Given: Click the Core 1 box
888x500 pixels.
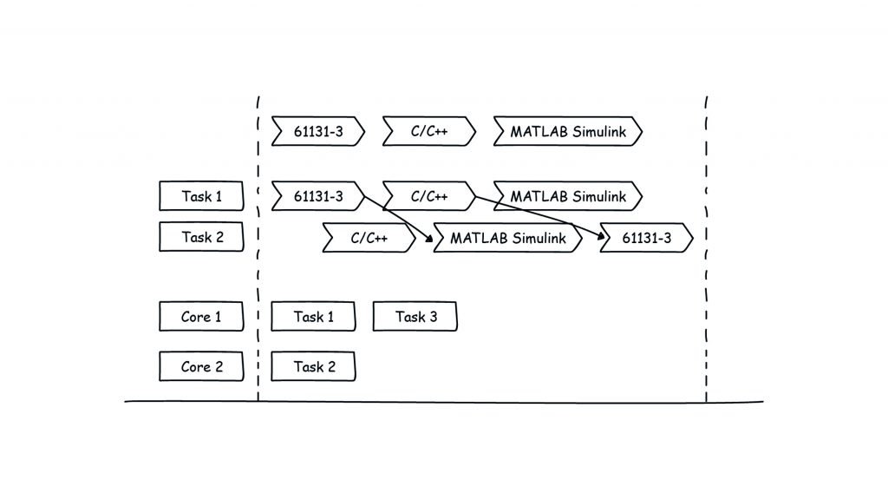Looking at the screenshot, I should pyautogui.click(x=201, y=317).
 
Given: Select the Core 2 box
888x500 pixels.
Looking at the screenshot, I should pyautogui.click(x=201, y=366).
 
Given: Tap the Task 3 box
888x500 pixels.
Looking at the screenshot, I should pyautogui.click(x=415, y=317).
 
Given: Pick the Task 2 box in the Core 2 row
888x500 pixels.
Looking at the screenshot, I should pyautogui.click(x=313, y=366).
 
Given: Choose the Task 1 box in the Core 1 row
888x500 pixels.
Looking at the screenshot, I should pyautogui.click(x=313, y=317).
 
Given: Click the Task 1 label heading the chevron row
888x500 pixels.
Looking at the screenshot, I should pyautogui.click(x=201, y=196).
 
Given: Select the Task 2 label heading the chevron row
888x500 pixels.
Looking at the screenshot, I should pyautogui.click(x=201, y=237).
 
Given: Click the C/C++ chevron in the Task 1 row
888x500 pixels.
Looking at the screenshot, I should pyautogui.click(x=428, y=196).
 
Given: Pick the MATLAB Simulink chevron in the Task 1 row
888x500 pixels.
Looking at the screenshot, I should pyautogui.click(x=568, y=196).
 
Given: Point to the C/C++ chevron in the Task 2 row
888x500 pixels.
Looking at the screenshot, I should pyautogui.click(x=369, y=237).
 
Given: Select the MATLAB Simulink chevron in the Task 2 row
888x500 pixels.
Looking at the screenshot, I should pyautogui.click(x=507, y=237).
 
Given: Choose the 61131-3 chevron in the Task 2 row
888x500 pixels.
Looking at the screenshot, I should pyautogui.click(x=647, y=237).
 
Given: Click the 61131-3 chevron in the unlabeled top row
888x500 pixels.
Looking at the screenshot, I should pyautogui.click(x=317, y=132).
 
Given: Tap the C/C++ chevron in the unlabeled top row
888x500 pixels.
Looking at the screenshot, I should pyautogui.click(x=428, y=132).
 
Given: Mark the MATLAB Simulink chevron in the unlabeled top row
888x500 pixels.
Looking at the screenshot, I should pyautogui.click(x=568, y=132).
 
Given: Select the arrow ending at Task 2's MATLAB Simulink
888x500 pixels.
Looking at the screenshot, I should pyautogui.click(x=399, y=218).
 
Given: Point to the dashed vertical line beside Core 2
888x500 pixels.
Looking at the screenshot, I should pyautogui.click(x=258, y=366).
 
